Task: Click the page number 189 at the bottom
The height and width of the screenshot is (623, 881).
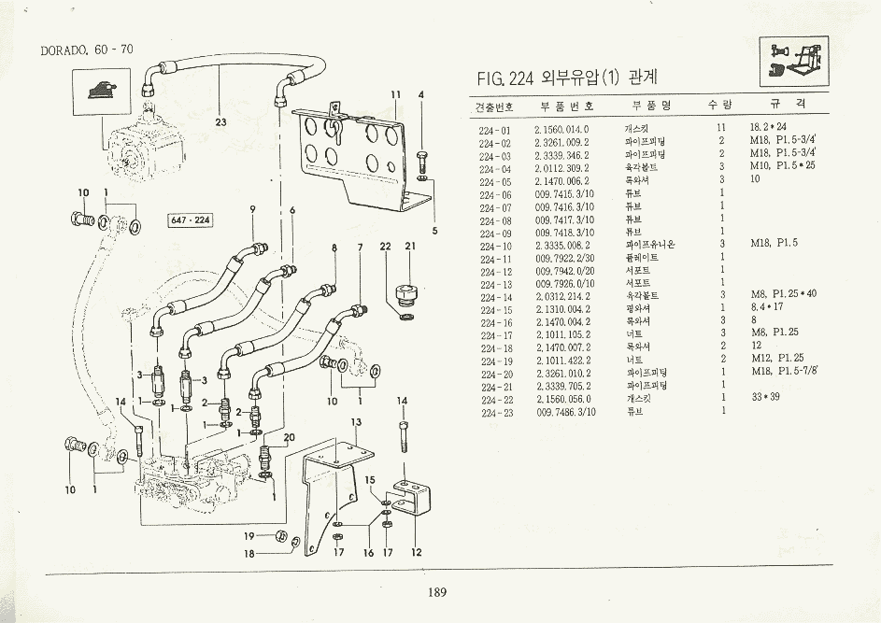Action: click(437, 591)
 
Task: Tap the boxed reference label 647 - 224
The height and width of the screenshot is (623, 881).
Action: click(190, 220)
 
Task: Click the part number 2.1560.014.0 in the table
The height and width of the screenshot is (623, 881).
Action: click(561, 127)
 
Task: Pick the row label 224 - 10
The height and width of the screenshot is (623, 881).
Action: click(494, 245)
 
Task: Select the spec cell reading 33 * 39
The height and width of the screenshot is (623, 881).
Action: click(763, 397)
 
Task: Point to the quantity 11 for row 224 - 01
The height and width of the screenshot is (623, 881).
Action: click(720, 127)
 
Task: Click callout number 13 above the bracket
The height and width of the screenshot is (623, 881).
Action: click(355, 422)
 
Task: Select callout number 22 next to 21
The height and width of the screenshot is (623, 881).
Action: click(385, 247)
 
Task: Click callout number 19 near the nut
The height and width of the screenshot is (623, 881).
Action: click(249, 536)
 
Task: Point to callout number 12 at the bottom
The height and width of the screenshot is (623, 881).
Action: click(417, 552)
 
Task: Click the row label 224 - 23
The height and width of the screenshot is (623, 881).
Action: click(494, 411)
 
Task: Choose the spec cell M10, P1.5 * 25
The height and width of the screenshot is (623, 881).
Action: click(782, 166)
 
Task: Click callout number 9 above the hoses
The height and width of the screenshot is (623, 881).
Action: click(252, 209)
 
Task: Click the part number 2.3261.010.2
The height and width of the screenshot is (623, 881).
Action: click(561, 372)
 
